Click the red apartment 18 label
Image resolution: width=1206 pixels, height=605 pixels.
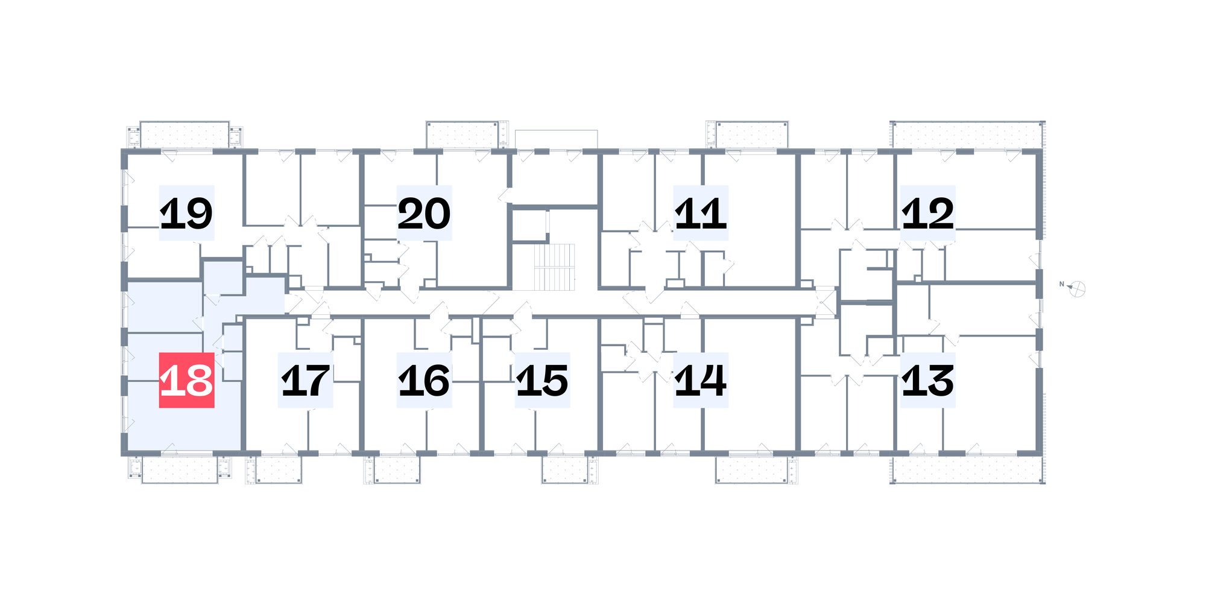click(187, 380)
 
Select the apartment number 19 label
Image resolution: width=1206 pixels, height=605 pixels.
click(187, 213)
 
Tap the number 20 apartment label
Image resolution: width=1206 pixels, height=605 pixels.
click(425, 213)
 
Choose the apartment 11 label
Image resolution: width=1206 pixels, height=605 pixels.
click(701, 213)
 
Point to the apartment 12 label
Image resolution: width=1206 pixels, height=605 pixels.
click(928, 213)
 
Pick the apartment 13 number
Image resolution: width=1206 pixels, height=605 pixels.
click(928, 380)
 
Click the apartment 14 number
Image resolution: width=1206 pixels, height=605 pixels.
click(701, 380)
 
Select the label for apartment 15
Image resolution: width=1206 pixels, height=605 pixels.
click(543, 380)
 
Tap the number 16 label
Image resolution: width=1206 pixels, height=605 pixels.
click(425, 380)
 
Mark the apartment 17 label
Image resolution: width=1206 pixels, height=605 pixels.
click(306, 380)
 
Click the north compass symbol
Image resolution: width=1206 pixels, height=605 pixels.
click(1078, 289)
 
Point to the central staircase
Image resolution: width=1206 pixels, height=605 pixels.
click(554, 267)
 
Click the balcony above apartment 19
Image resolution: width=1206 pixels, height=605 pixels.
click(185, 135)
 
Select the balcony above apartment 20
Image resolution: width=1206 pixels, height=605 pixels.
click(463, 135)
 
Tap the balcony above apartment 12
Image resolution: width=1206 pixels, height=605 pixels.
click(967, 135)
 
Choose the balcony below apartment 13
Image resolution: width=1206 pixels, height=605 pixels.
click(967, 469)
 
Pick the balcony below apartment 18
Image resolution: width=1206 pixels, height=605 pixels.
click(180, 469)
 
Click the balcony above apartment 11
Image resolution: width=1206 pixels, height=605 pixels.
click(752, 135)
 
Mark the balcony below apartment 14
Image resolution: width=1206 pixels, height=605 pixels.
click(752, 469)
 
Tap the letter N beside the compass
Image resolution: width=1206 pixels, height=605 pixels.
click(1061, 284)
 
